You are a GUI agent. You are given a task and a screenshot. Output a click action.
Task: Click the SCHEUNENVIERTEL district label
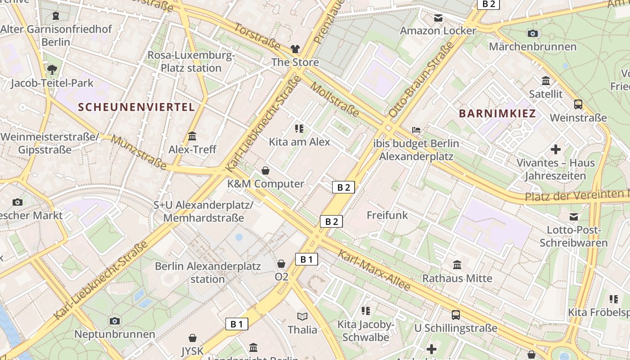tap(136, 107)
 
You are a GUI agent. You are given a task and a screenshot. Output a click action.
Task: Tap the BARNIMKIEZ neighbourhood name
tap(498, 113)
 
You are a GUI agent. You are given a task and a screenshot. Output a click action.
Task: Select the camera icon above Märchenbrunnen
tap(532, 33)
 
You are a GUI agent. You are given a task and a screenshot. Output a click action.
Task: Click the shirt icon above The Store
tap(295, 49)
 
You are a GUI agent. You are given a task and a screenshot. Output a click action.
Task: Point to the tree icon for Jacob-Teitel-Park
tap(52, 69)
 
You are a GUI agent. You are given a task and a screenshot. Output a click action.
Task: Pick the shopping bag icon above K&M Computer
tap(265, 171)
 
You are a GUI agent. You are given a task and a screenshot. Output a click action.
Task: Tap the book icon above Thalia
tap(302, 316)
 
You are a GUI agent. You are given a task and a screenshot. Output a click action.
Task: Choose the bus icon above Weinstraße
tap(578, 104)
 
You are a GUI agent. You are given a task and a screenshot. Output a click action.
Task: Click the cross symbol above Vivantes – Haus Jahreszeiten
tap(556, 149)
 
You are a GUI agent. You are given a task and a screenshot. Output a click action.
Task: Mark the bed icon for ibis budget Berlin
tap(416, 130)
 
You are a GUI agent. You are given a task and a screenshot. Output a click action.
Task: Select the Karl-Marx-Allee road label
tap(374, 270)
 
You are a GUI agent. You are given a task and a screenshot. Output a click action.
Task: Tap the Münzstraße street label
tap(139, 152)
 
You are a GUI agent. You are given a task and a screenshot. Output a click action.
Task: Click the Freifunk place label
tap(387, 215)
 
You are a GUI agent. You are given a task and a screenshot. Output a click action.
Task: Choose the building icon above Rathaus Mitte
tap(457, 265)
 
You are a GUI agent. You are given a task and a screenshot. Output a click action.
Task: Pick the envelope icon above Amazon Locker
tap(438, 18)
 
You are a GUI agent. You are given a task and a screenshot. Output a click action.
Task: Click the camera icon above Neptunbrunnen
tap(114, 321)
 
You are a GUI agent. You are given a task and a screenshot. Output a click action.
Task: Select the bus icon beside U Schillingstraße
tap(456, 315)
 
